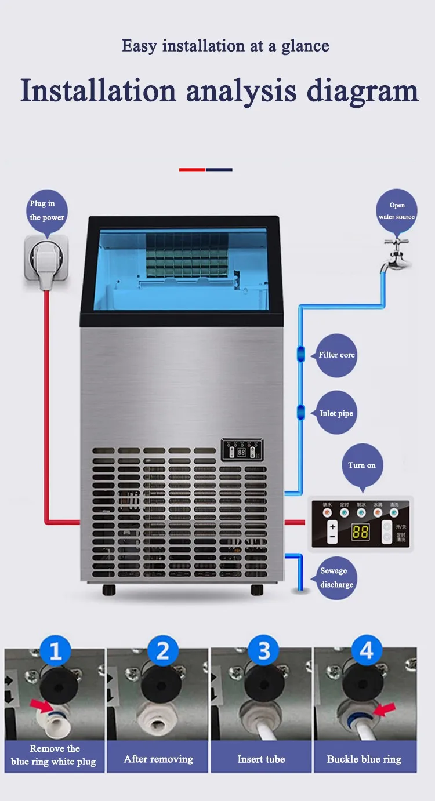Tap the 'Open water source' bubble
397,211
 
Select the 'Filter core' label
336,355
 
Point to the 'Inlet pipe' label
336,413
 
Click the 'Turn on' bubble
362,465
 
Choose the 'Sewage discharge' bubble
336,578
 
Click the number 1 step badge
56,651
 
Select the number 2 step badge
162,651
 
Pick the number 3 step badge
264,651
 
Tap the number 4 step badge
367,651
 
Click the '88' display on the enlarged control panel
360,531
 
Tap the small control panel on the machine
242,449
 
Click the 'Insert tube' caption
261,759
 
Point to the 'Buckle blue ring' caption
364,759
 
